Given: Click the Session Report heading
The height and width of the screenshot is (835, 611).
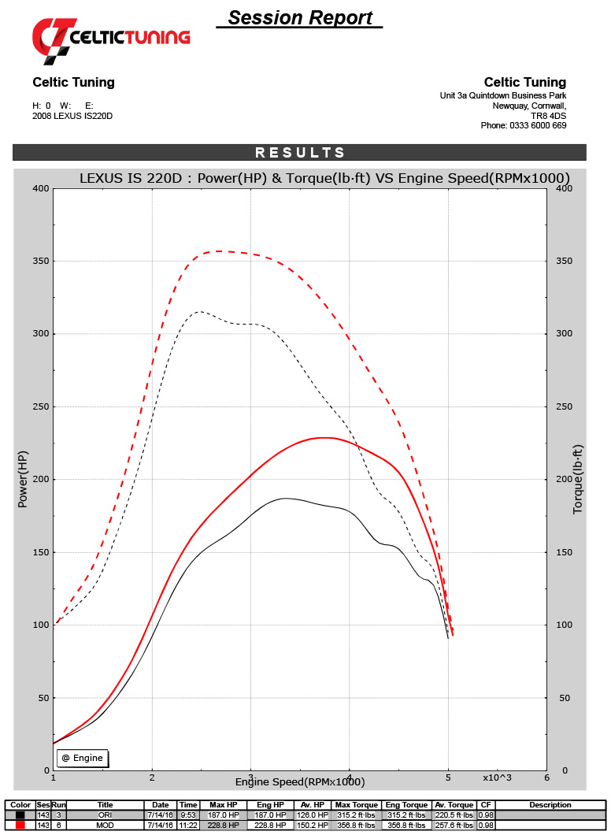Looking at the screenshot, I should click(300, 17).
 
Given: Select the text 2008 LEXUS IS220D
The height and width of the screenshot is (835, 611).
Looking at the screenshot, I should click(72, 116).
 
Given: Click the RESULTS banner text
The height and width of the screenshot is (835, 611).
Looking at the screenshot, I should click(299, 153).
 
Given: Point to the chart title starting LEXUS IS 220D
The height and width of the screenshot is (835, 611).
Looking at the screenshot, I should click(324, 178).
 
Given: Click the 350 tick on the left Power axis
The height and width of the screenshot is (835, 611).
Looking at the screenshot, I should click(40, 262).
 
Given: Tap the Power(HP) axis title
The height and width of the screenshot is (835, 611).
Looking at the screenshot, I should click(23, 479).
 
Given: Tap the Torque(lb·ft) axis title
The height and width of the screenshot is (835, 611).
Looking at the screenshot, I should click(578, 479).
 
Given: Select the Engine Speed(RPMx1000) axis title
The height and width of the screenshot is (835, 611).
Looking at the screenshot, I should click(300, 781).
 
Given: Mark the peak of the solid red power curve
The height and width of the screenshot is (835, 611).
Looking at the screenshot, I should click(323, 437).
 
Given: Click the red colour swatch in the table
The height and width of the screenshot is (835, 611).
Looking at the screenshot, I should click(20, 824).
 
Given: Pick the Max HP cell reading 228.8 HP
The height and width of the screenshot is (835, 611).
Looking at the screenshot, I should click(223, 824).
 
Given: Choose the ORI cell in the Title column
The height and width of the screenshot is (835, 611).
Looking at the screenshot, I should click(106, 815).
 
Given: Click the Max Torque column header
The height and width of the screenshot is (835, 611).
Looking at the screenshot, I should click(355, 805).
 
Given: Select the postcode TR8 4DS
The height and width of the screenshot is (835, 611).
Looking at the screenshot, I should click(549, 115).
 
